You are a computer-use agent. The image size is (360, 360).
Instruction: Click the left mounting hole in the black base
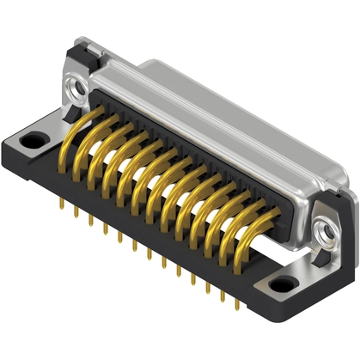tap(34, 138)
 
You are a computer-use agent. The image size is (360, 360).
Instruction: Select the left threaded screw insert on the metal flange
tap(71, 86)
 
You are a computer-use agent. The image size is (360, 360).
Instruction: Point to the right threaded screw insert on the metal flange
tap(325, 229)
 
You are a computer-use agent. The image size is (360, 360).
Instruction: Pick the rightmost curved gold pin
tap(236, 232)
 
